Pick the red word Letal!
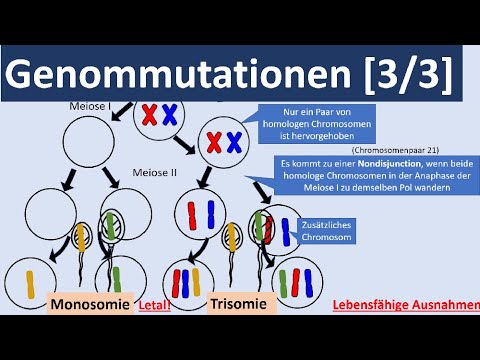tap(153, 307)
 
